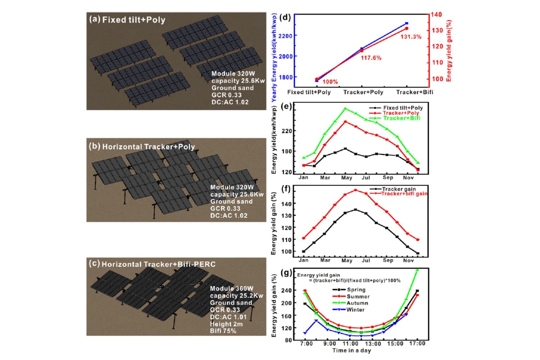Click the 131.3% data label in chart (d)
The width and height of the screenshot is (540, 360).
(410, 37)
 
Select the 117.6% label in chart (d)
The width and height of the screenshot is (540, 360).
(371, 58)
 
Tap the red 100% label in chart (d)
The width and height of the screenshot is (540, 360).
(330, 82)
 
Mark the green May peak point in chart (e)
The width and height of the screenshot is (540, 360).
(345, 108)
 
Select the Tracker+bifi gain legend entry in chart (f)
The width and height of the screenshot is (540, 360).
(402, 193)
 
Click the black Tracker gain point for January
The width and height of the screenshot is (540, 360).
(304, 252)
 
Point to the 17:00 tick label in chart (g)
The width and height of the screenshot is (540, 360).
(417, 345)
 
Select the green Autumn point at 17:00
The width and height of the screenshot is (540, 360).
(417, 270)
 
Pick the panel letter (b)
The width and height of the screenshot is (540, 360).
(95, 146)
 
